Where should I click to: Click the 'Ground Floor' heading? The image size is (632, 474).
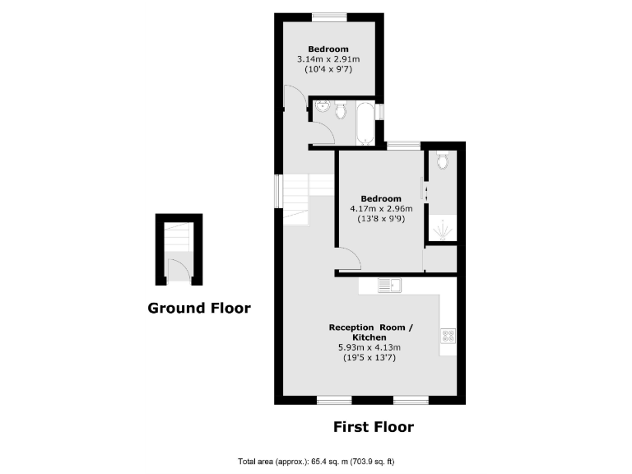point(198,308)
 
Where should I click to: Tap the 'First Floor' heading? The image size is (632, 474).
point(373,426)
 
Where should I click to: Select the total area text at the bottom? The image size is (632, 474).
point(320,461)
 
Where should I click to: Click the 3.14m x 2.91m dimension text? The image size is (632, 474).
point(328,60)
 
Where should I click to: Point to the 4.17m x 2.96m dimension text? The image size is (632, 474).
point(380,209)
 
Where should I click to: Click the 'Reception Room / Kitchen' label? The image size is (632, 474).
point(370,332)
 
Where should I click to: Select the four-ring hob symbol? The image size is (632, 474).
point(448,335)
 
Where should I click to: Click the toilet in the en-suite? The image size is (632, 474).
point(443,160)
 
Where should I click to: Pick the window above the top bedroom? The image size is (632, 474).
point(328,16)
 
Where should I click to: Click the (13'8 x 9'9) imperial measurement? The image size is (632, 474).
point(380,220)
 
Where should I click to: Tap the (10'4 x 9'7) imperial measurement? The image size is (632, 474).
point(328,71)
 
